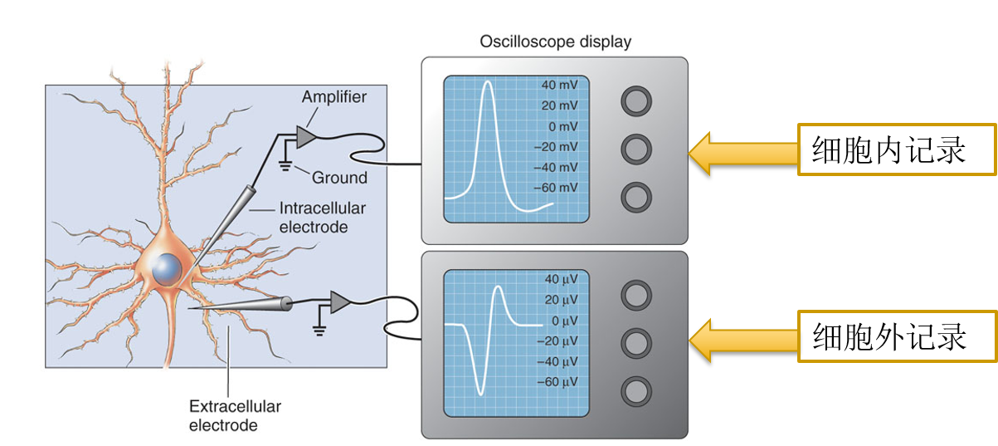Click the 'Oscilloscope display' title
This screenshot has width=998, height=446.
[x=555, y=42]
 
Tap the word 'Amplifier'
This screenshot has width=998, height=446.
[x=333, y=97]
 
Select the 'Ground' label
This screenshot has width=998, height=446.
[x=339, y=177]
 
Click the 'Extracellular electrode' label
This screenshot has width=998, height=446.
[x=235, y=416]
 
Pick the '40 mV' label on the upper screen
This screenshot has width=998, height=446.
[x=558, y=86]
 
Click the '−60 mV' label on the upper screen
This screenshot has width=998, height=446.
[x=557, y=188]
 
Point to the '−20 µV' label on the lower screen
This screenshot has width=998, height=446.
[x=557, y=341]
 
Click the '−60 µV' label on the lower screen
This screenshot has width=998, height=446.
[x=557, y=382]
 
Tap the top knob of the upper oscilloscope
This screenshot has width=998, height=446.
[x=636, y=101]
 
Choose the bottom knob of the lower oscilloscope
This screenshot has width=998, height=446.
[x=636, y=390]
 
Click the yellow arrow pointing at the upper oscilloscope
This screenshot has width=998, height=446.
[x=741, y=154]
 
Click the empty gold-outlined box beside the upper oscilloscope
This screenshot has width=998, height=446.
[x=896, y=149]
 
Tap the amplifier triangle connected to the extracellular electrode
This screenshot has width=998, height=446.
[x=339, y=302]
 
